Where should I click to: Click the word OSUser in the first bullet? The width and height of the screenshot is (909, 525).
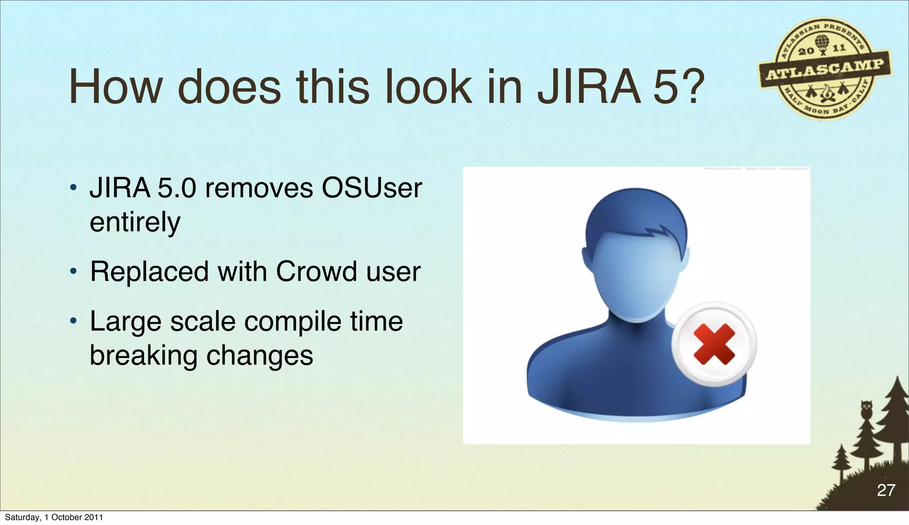pyautogui.click(x=372, y=188)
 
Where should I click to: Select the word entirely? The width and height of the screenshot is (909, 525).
pyautogui.click(x=135, y=223)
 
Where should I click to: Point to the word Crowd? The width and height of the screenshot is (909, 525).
pyautogui.click(x=316, y=271)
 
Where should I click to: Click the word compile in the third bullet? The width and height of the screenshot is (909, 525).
pyautogui.click(x=292, y=322)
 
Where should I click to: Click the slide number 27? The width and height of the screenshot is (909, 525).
pyautogui.click(x=886, y=490)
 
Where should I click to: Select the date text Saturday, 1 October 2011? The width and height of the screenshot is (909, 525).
pyautogui.click(x=54, y=517)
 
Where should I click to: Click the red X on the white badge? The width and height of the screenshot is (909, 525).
pyautogui.click(x=714, y=344)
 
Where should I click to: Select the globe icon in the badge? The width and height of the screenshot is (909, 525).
pyautogui.click(x=822, y=42)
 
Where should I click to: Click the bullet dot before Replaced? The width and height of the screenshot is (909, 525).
pyautogui.click(x=74, y=271)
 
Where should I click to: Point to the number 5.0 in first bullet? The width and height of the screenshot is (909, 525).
pyautogui.click(x=177, y=188)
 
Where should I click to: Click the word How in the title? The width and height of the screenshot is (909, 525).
pyautogui.click(x=115, y=87)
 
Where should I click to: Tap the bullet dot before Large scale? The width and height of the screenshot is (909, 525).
pyautogui.click(x=74, y=321)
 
